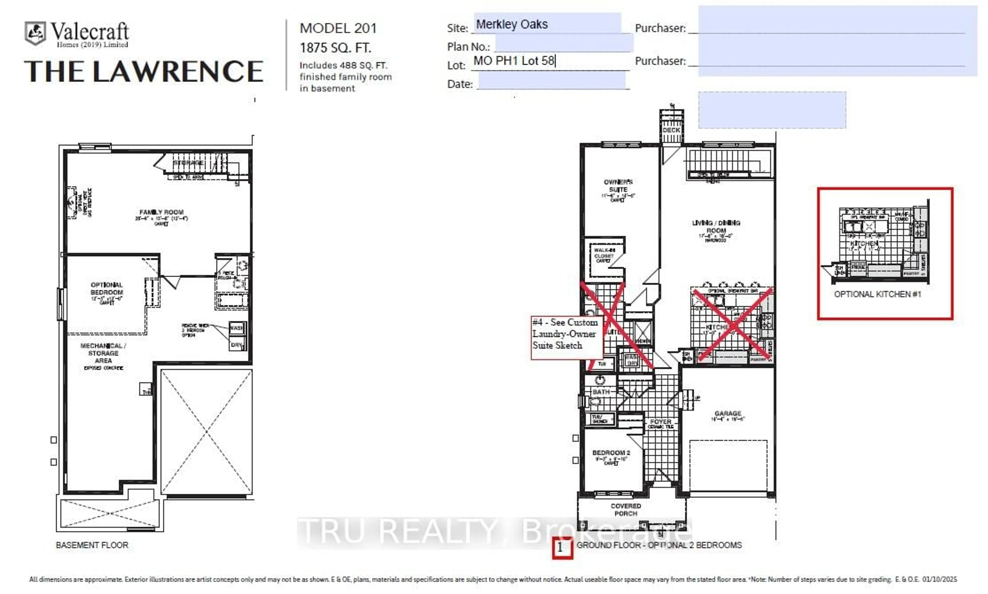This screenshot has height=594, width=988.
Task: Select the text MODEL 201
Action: click(x=338, y=28)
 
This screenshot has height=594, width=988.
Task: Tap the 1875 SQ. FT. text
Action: click(x=335, y=48)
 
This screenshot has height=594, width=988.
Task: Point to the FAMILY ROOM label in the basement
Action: click(x=161, y=212)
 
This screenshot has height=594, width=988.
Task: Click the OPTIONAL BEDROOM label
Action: click(x=107, y=289)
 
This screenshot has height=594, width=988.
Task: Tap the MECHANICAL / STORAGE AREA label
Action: click(x=103, y=353)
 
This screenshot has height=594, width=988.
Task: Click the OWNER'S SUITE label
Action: click(x=618, y=185)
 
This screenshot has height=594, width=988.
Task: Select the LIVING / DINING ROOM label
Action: click(x=716, y=227)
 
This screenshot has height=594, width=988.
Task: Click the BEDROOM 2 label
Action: click(x=611, y=453)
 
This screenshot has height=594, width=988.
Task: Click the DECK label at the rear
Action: click(x=671, y=130)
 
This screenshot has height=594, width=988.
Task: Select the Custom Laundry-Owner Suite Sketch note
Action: click(x=566, y=334)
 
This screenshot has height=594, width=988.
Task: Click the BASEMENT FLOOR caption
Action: click(x=92, y=545)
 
